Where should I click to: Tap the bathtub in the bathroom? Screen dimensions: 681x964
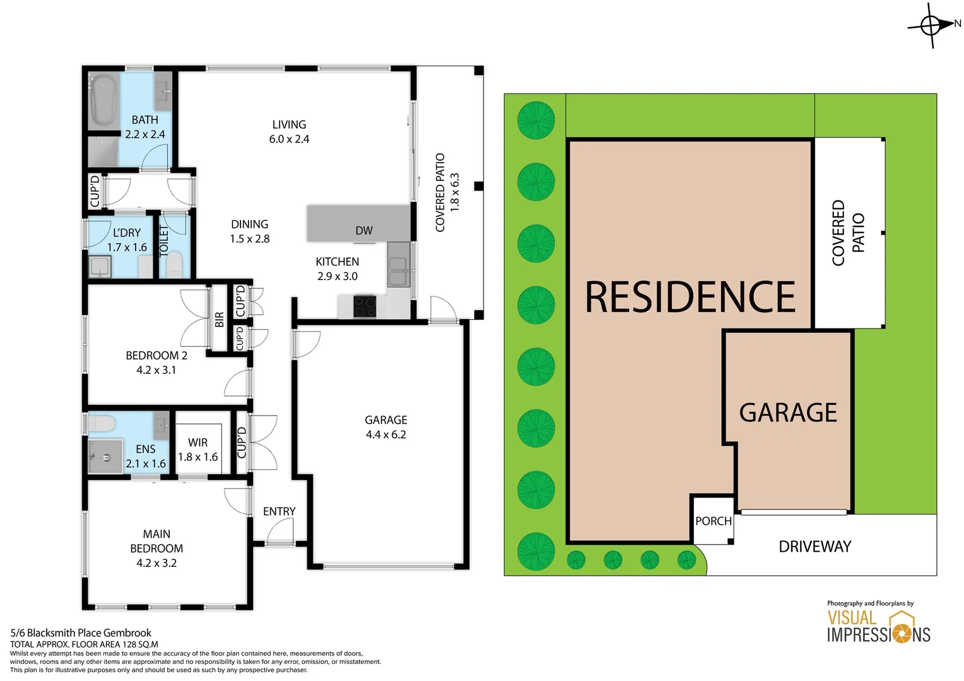point(103,100)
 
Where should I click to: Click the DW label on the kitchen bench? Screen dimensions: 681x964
point(364,231)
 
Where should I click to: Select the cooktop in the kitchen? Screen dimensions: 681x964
point(365,307)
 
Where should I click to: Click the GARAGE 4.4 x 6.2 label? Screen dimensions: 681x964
point(385,428)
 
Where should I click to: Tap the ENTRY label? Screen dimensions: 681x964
point(279,511)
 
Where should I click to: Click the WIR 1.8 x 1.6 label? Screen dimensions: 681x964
point(197,450)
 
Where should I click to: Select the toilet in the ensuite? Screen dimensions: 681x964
point(101,422)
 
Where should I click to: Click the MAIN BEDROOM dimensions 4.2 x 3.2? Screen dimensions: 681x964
point(156,563)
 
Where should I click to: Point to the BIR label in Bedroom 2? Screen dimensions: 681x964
point(219,320)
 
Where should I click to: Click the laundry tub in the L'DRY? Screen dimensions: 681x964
point(100,267)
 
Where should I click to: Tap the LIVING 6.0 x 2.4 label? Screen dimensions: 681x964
point(289,132)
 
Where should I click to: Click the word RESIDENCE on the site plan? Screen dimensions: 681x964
point(690,297)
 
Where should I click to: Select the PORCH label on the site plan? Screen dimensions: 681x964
point(714,521)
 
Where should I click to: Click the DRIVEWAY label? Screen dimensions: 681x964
point(815,547)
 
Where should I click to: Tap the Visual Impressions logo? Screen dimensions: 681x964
point(878,625)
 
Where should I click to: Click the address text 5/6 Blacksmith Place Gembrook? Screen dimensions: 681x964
point(81,632)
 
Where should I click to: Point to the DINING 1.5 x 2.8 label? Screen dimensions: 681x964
point(250,231)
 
